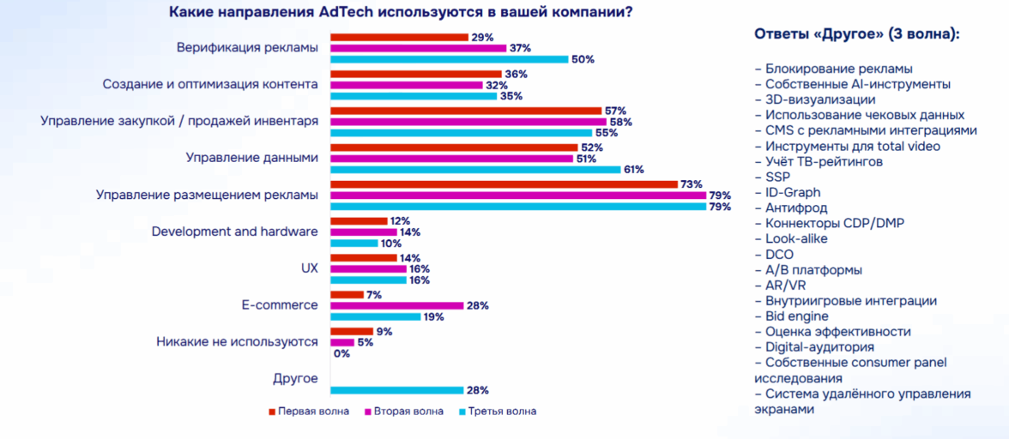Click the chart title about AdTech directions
pyautogui.click(x=402, y=13)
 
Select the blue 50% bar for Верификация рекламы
pyautogui.click(x=450, y=59)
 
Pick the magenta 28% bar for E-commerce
pyautogui.click(x=397, y=306)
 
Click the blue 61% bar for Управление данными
pyautogui.click(x=475, y=169)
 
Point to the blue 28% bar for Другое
pyautogui.click(x=397, y=390)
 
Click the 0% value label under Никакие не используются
pyautogui.click(x=341, y=353)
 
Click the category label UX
pyautogui.click(x=310, y=268)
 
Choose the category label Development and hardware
pyautogui.click(x=234, y=232)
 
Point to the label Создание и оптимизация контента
pyautogui.click(x=210, y=84)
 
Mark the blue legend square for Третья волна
pyautogui.click(x=462, y=412)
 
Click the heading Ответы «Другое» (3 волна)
pyautogui.click(x=856, y=34)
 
